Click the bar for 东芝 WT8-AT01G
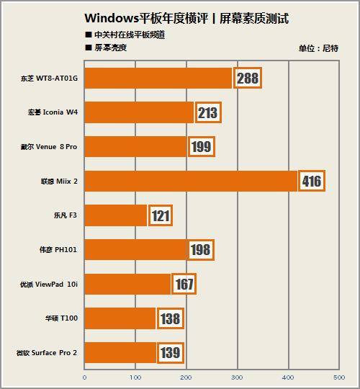click(158, 78)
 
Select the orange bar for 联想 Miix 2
click(191, 181)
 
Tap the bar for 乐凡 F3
click(115, 215)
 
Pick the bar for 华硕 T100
click(120, 318)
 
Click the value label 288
click(247, 78)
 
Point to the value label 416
click(311, 181)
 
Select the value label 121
click(160, 215)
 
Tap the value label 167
click(184, 284)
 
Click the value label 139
click(169, 352)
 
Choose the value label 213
click(207, 112)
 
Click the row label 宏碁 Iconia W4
click(53, 112)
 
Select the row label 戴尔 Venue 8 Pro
click(48, 147)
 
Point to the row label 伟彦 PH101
click(58, 250)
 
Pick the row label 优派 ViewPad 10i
click(48, 284)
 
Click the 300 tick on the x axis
click(237, 376)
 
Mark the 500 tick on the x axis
click(338, 376)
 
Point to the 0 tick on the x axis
click(85, 376)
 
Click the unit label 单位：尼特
click(318, 48)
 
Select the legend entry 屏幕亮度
click(109, 48)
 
